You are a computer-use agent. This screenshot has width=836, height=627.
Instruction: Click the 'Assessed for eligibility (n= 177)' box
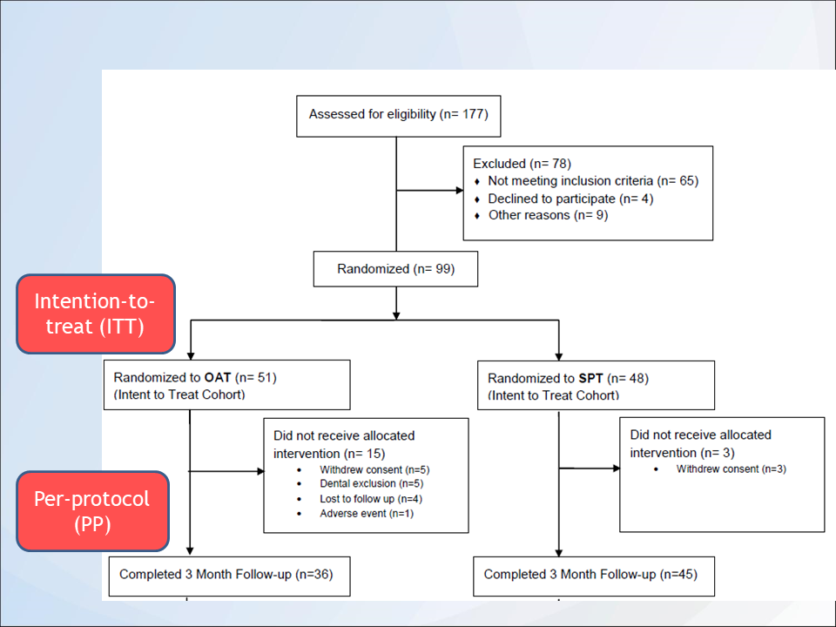click(398, 115)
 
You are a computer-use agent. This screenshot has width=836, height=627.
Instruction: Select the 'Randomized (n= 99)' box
click(395, 269)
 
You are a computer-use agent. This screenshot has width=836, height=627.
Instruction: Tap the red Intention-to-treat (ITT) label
click(96, 313)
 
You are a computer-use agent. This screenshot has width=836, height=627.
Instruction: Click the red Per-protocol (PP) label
click(92, 511)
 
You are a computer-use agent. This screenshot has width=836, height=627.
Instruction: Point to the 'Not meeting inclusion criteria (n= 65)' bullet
click(592, 181)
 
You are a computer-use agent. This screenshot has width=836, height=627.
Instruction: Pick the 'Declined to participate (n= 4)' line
click(570, 199)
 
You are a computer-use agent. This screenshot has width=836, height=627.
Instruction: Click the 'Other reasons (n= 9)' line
click(547, 215)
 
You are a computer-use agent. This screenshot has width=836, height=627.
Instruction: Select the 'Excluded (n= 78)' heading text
click(521, 164)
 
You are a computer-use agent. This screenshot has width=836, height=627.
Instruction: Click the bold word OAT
click(218, 378)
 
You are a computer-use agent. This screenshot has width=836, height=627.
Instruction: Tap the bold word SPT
click(590, 379)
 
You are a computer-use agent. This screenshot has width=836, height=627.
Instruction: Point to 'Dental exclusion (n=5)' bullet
click(370, 484)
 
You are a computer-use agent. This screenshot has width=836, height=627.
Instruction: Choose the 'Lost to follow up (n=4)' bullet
click(371, 499)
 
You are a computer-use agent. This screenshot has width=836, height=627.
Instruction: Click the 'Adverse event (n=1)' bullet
click(366, 514)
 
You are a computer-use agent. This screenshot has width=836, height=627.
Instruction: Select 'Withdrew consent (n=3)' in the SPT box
click(730, 469)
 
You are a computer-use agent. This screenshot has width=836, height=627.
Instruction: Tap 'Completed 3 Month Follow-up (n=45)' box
click(590, 575)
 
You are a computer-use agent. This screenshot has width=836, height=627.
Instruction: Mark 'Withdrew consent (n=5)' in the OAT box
click(374, 469)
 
